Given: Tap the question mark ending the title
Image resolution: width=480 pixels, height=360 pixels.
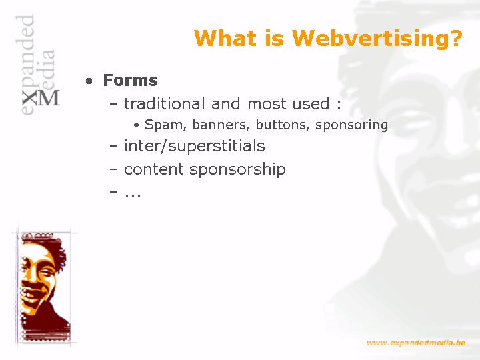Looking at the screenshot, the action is [455, 37].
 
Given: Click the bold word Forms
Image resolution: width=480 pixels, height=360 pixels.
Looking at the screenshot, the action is [131, 80].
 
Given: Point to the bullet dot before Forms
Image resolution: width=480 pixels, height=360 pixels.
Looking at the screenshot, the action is [89, 81].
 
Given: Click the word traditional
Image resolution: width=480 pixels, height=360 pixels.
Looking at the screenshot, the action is [165, 103].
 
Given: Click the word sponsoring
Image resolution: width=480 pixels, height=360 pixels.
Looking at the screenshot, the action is [352, 125].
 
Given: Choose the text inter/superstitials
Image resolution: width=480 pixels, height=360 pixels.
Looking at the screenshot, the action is [195, 146].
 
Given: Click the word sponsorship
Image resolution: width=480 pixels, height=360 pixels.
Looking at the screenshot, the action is [237, 169].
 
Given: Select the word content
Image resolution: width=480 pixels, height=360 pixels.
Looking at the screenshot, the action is [154, 169].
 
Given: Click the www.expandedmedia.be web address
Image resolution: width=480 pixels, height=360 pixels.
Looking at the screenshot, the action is [416, 343].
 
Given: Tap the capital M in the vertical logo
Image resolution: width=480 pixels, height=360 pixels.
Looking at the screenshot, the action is [49, 97].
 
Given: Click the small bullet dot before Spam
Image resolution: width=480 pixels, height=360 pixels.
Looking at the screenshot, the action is [137, 125].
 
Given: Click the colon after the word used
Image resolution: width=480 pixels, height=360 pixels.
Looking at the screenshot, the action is [339, 105].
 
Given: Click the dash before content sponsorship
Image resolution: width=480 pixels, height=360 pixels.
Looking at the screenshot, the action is [113, 169].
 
